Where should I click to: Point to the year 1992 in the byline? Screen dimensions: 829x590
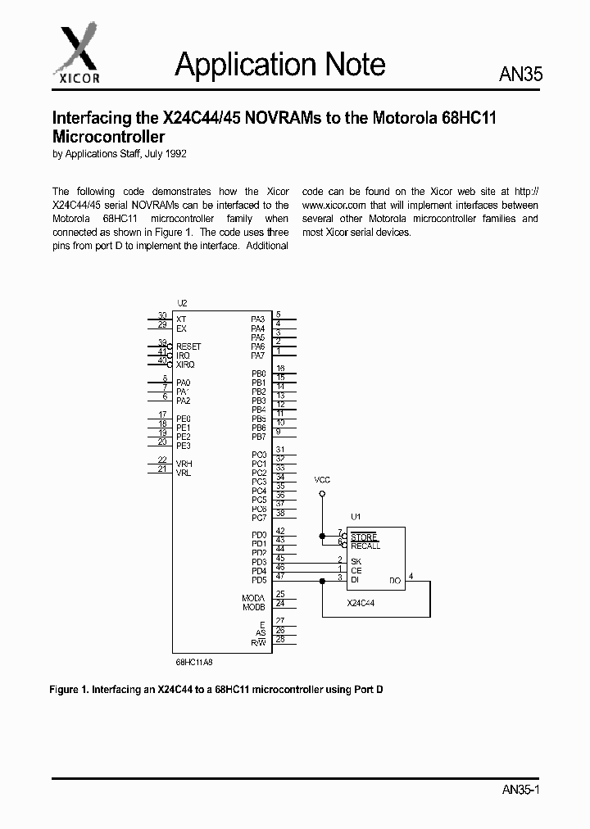183,153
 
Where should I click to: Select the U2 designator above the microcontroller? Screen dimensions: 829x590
182,303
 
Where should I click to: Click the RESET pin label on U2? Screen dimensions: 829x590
188,347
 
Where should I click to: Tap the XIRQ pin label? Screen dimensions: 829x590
185,365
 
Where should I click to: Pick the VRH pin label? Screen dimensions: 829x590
184,464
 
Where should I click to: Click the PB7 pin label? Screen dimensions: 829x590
258,437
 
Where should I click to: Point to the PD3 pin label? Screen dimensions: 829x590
258,562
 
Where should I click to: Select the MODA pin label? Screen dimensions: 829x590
253,598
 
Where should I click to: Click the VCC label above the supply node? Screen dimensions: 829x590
323,478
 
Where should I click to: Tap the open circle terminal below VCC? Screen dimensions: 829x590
322,494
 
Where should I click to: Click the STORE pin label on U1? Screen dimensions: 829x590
364,537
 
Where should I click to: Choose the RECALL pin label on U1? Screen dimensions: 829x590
365,546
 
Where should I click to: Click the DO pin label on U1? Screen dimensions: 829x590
395,580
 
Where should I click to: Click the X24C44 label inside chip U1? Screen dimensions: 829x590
361,603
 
